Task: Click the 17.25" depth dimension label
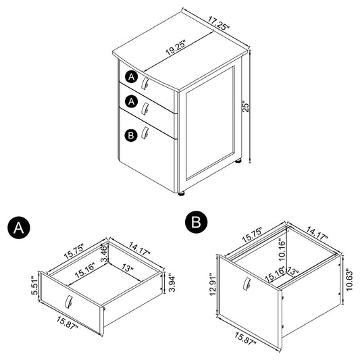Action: [x=219, y=23]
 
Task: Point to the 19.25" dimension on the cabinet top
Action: [x=176, y=47]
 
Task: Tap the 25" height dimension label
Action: [x=245, y=107]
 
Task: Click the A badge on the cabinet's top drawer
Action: [x=131, y=77]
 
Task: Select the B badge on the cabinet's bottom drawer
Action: [x=131, y=135]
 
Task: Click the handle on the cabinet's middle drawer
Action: [x=145, y=108]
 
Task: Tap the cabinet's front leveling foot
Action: [x=182, y=194]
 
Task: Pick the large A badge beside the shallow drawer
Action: [x=19, y=228]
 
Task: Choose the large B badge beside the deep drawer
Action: [x=196, y=222]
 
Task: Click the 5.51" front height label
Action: [x=34, y=286]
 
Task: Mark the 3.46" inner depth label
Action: [x=104, y=253]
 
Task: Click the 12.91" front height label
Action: [x=213, y=284]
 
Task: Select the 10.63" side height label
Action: [x=349, y=280]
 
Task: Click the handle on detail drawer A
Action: [x=69, y=301]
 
